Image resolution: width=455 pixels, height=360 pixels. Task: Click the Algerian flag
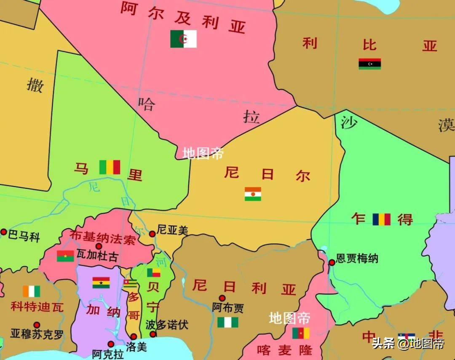pos(183,39)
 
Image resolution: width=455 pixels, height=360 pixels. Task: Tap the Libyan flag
pos(369,64)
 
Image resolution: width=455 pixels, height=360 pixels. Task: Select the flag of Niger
pos(253,194)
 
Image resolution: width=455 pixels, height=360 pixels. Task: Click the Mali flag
pos(110,167)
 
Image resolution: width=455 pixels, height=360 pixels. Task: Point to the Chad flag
pos(381,219)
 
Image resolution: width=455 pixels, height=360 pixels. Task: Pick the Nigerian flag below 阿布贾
pos(227,322)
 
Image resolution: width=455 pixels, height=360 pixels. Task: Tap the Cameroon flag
pos(301,333)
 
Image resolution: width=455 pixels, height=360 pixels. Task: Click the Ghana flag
pos(101,283)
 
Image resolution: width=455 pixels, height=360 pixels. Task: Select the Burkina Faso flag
pos(65,256)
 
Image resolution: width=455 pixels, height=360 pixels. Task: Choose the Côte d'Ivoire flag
pos(32,291)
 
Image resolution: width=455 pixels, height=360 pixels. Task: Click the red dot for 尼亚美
pos(152,234)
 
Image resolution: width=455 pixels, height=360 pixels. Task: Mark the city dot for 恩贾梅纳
pos(332,262)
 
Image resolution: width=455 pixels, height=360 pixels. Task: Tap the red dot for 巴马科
pos(4,232)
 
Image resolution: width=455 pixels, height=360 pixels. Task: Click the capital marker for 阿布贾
pos(222,299)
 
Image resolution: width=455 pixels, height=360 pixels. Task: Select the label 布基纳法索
pos(103,238)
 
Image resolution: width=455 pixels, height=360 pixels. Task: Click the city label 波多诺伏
pos(167,325)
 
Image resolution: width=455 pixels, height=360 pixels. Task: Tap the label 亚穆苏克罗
pos(37,335)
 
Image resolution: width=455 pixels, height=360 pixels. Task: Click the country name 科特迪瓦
pos(37,307)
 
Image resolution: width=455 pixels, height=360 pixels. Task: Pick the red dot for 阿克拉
pos(111,344)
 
